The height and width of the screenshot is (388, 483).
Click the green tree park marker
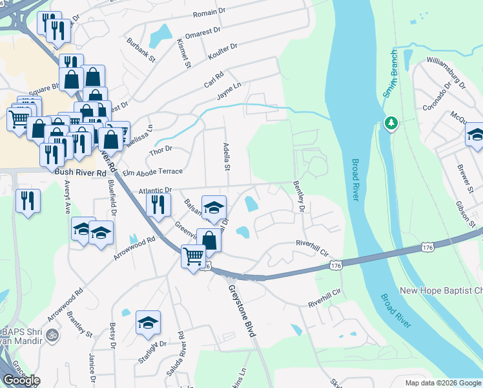pos(391,123)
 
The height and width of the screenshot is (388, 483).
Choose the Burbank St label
pos(141,50)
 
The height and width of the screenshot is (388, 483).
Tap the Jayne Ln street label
pos(229,91)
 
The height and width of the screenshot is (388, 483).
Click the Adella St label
pos(227,157)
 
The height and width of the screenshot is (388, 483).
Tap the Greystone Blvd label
pos(243,312)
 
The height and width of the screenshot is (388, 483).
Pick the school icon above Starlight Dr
pos(148,323)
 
